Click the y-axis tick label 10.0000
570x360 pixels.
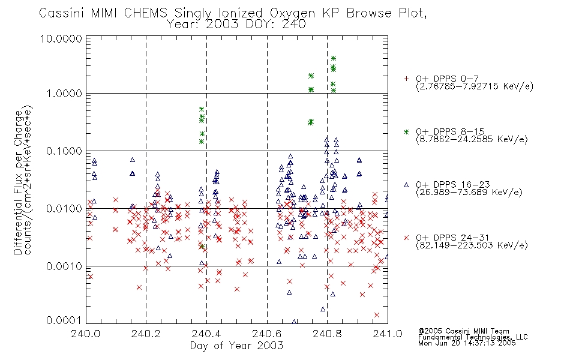tap(61, 39)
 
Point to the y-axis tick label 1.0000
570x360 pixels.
tap(64, 94)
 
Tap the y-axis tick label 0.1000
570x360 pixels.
tap(64, 151)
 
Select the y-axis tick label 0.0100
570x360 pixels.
tap(64, 209)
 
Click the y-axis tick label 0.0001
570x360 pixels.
tap(64, 320)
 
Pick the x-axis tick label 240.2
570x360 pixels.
tap(146, 334)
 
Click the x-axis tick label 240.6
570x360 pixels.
tap(267, 334)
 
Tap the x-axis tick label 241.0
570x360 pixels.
tap(388, 334)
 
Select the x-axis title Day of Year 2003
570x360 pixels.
tap(236, 346)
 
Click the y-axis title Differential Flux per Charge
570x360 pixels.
tap(18, 182)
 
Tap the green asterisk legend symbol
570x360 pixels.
tap(406, 132)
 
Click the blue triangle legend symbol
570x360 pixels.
tap(406, 185)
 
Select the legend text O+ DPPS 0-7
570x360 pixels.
tap(447, 79)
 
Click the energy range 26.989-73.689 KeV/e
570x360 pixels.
tap(469, 193)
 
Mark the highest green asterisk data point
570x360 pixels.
tap(334, 58)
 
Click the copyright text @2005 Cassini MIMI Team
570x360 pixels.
tap(464, 331)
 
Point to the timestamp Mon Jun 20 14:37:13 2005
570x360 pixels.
tap(467, 343)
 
